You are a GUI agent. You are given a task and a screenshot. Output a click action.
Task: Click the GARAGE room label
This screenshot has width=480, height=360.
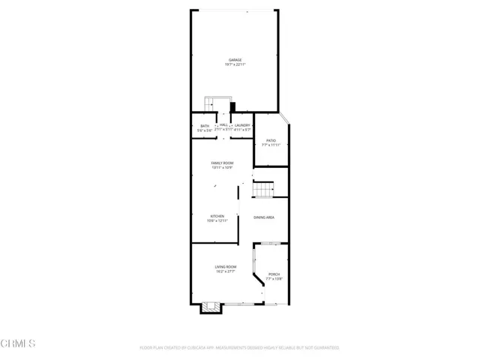(235, 60)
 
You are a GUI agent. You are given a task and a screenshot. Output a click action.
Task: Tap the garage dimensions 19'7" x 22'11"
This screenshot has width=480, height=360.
(235, 65)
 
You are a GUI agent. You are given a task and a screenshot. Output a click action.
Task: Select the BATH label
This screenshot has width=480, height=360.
(205, 125)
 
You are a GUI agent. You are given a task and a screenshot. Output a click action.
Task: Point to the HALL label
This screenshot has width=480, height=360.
(223, 124)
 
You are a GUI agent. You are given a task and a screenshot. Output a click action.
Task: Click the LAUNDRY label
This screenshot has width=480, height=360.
(242, 125)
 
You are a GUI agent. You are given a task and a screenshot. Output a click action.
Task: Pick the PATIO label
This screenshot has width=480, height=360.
(271, 139)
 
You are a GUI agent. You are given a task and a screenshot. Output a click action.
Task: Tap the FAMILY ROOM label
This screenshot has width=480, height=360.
(222, 163)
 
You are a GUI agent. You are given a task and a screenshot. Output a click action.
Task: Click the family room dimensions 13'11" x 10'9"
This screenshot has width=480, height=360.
(222, 168)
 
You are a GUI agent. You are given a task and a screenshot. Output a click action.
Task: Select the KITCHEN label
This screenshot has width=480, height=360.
(216, 216)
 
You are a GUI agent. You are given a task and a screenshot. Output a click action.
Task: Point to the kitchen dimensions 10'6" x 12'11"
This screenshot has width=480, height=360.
(216, 221)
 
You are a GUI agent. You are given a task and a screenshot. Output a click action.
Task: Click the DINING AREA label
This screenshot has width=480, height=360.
(263, 217)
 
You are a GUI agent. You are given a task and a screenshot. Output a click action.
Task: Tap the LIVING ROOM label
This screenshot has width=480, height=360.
(226, 267)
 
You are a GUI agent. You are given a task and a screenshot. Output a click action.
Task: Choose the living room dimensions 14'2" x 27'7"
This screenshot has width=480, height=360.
(226, 272)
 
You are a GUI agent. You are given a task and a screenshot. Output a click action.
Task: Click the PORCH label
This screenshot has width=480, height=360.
(273, 274)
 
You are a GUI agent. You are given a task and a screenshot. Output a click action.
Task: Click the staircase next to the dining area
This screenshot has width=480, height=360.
(262, 191)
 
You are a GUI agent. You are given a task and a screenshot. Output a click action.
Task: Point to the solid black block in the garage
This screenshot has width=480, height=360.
(232, 106)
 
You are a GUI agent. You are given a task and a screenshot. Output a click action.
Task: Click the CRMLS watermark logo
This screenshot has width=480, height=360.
(18, 343)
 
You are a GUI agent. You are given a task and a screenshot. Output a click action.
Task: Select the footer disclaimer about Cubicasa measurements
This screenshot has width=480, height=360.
(239, 348)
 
